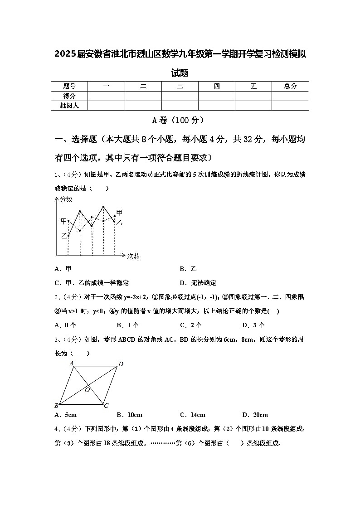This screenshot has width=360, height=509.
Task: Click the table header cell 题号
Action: coord(69,86)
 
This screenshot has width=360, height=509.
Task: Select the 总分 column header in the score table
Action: coord(290,86)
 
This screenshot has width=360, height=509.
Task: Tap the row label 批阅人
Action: coord(69,106)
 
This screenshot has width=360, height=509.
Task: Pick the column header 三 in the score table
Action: coord(180,86)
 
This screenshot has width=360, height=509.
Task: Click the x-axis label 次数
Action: coord(133,256)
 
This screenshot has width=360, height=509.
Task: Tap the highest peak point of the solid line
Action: coord(104,207)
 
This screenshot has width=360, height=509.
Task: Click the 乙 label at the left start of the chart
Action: coord(64,236)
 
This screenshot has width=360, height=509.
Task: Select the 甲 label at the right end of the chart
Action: coord(119,213)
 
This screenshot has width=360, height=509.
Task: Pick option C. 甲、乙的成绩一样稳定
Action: coord(92,283)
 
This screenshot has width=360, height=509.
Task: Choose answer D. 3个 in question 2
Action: coord(253,325)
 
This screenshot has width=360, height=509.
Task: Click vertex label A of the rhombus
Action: coord(72,363)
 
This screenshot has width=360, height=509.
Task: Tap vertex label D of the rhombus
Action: coord(121,364)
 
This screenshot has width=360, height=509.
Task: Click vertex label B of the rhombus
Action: coord(57,405)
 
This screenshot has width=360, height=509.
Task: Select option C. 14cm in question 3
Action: coord(192,415)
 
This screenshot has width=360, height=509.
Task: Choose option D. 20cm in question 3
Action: coord(255,415)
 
